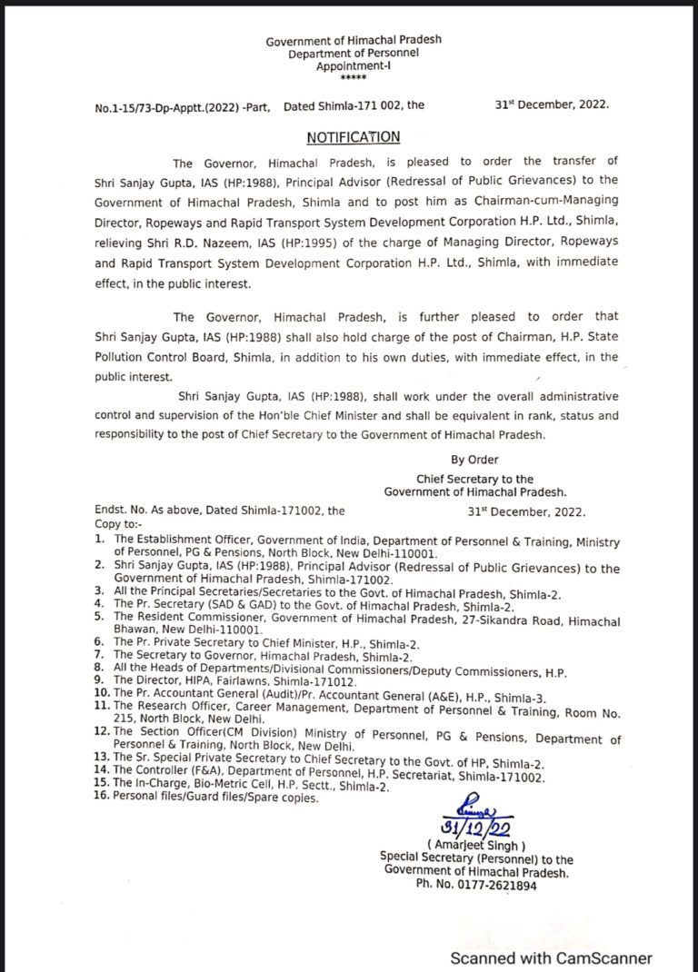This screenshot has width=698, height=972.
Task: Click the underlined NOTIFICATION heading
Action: coord(353,137)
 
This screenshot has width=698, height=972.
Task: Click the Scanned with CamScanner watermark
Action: coord(553,957)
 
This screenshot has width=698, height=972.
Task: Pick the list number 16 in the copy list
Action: coord(100,797)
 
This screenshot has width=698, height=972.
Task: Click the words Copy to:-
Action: coord(117,524)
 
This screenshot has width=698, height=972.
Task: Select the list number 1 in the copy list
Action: coord(98,541)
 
